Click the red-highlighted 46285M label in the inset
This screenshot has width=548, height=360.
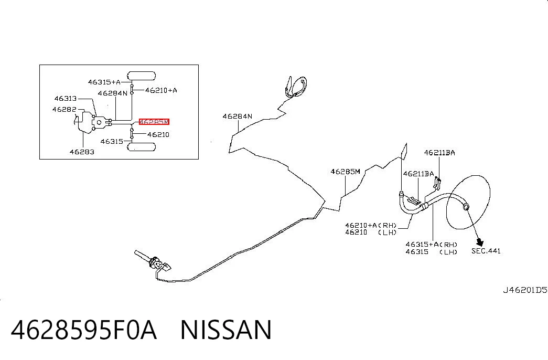(154, 122)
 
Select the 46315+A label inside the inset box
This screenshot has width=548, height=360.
(104, 82)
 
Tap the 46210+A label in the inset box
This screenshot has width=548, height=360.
(161, 90)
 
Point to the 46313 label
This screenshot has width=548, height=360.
(66, 99)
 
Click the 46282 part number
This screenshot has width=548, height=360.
(64, 110)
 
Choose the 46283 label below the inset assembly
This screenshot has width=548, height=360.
(82, 152)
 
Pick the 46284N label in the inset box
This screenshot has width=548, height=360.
(113, 93)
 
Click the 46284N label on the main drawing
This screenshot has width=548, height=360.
(238, 116)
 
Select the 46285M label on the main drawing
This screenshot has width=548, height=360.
(345, 172)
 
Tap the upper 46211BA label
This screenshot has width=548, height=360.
(439, 153)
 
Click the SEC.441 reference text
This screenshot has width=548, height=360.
(486, 251)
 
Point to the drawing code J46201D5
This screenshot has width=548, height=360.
(525, 290)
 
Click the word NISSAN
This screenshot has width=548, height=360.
(226, 330)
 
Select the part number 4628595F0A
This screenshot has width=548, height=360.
(83, 330)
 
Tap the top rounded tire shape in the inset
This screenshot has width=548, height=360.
(141, 76)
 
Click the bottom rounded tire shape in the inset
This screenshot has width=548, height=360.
(141, 146)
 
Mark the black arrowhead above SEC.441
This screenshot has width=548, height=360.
(480, 242)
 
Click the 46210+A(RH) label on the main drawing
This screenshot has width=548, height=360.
(371, 226)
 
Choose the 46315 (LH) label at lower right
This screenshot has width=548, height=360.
(432, 251)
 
